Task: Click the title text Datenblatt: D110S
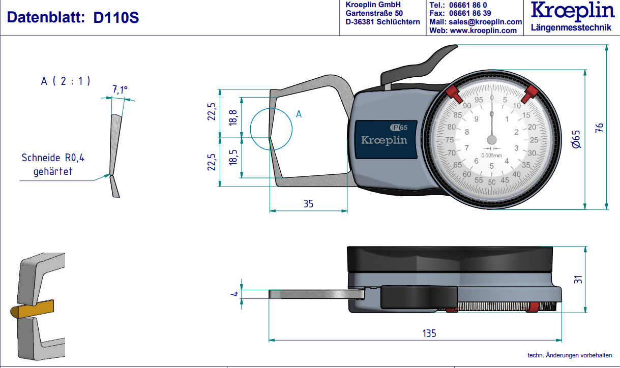pyautogui.click(x=73, y=18)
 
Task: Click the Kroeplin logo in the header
pyautogui.click(x=571, y=11)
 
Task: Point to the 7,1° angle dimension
pyautogui.click(x=120, y=90)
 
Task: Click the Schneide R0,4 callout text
pyautogui.click(x=53, y=158)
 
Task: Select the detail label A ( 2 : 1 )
pyautogui.click(x=66, y=80)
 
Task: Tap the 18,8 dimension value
pyautogui.click(x=233, y=117)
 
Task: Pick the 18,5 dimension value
pyautogui.click(x=233, y=157)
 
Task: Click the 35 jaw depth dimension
pyautogui.click(x=308, y=204)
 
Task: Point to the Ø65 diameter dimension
pyautogui.click(x=576, y=139)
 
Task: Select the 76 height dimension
pyautogui.click(x=599, y=127)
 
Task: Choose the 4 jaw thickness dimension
pyautogui.click(x=234, y=294)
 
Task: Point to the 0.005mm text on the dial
pyautogui.click(x=491, y=155)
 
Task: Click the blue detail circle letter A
pyautogui.click(x=299, y=114)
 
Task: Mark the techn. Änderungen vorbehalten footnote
pyautogui.click(x=570, y=355)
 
